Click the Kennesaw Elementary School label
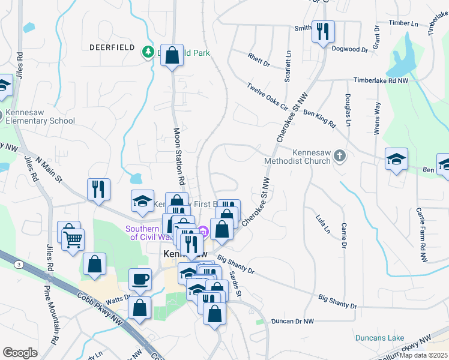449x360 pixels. pos(40,116)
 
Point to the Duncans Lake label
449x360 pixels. pos(379,338)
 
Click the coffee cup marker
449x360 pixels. pos(140,280)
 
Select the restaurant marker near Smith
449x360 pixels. pos(323,31)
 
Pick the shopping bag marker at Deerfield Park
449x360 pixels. pos(172,56)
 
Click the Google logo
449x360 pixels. pos(20,353)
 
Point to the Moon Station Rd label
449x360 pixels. pos(179,156)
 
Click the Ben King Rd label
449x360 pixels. pos(319,118)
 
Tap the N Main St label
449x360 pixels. pos(49,170)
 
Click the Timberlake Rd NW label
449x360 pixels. pos(381,80)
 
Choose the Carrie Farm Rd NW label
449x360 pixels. pos(420,235)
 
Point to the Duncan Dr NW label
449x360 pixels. pos(292,322)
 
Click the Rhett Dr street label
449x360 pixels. pos(259,60)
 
